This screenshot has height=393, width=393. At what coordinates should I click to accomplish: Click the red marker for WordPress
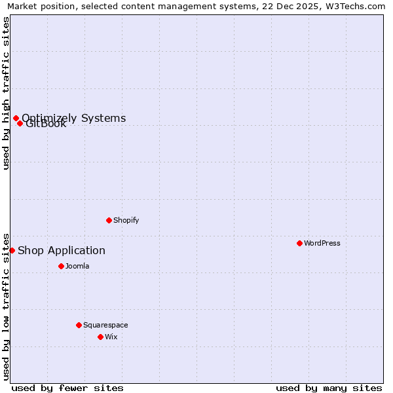(x=299, y=243)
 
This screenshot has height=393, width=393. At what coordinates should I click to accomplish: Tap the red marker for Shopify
(x=109, y=220)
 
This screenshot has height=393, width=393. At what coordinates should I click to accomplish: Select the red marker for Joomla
(x=61, y=266)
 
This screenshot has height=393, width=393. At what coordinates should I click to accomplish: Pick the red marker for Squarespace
(x=79, y=325)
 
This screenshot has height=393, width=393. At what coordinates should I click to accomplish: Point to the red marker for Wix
(x=100, y=337)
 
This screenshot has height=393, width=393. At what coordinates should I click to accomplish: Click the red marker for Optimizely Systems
(x=16, y=118)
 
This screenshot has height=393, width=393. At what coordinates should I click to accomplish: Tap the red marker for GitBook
(x=20, y=123)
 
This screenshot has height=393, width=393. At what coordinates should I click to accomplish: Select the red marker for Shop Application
(x=12, y=250)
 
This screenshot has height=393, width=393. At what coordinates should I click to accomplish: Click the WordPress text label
(x=322, y=243)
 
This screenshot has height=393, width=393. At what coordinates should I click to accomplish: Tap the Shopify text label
(x=126, y=220)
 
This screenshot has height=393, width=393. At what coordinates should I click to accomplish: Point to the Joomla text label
(x=77, y=266)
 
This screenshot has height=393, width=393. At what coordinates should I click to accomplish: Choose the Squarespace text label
(x=105, y=325)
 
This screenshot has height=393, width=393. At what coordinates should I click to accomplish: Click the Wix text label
(x=111, y=337)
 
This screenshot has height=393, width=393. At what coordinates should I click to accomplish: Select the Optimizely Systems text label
(x=74, y=118)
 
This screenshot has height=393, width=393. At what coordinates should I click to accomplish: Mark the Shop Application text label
(x=62, y=250)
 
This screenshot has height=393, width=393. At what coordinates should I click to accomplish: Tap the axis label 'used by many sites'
(x=329, y=388)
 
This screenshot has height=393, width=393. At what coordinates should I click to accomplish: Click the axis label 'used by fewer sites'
(x=67, y=388)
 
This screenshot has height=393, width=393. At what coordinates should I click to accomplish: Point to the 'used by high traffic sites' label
(x=6, y=93)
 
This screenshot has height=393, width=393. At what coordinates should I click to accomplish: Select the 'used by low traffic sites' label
(x=6, y=307)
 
